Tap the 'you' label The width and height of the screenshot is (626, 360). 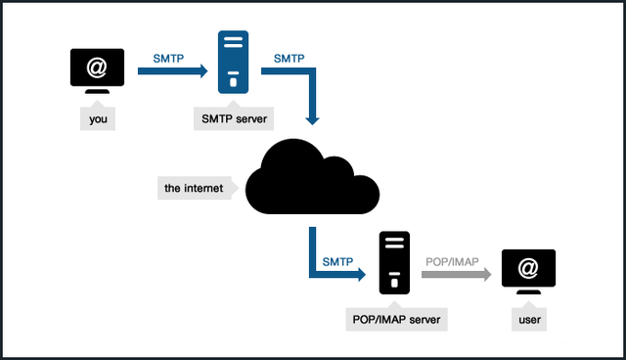(97, 119)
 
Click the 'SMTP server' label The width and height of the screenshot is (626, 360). (235, 119)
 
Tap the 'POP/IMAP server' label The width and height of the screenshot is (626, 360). (394, 319)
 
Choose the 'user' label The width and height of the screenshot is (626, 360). (528, 319)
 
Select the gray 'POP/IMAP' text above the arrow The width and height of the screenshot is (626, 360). (452, 261)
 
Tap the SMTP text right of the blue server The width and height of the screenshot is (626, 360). (289, 58)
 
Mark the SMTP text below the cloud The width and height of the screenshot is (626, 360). (337, 261)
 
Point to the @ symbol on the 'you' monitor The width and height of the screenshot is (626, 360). (97, 67)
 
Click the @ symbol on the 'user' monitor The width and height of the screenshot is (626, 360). (528, 267)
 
